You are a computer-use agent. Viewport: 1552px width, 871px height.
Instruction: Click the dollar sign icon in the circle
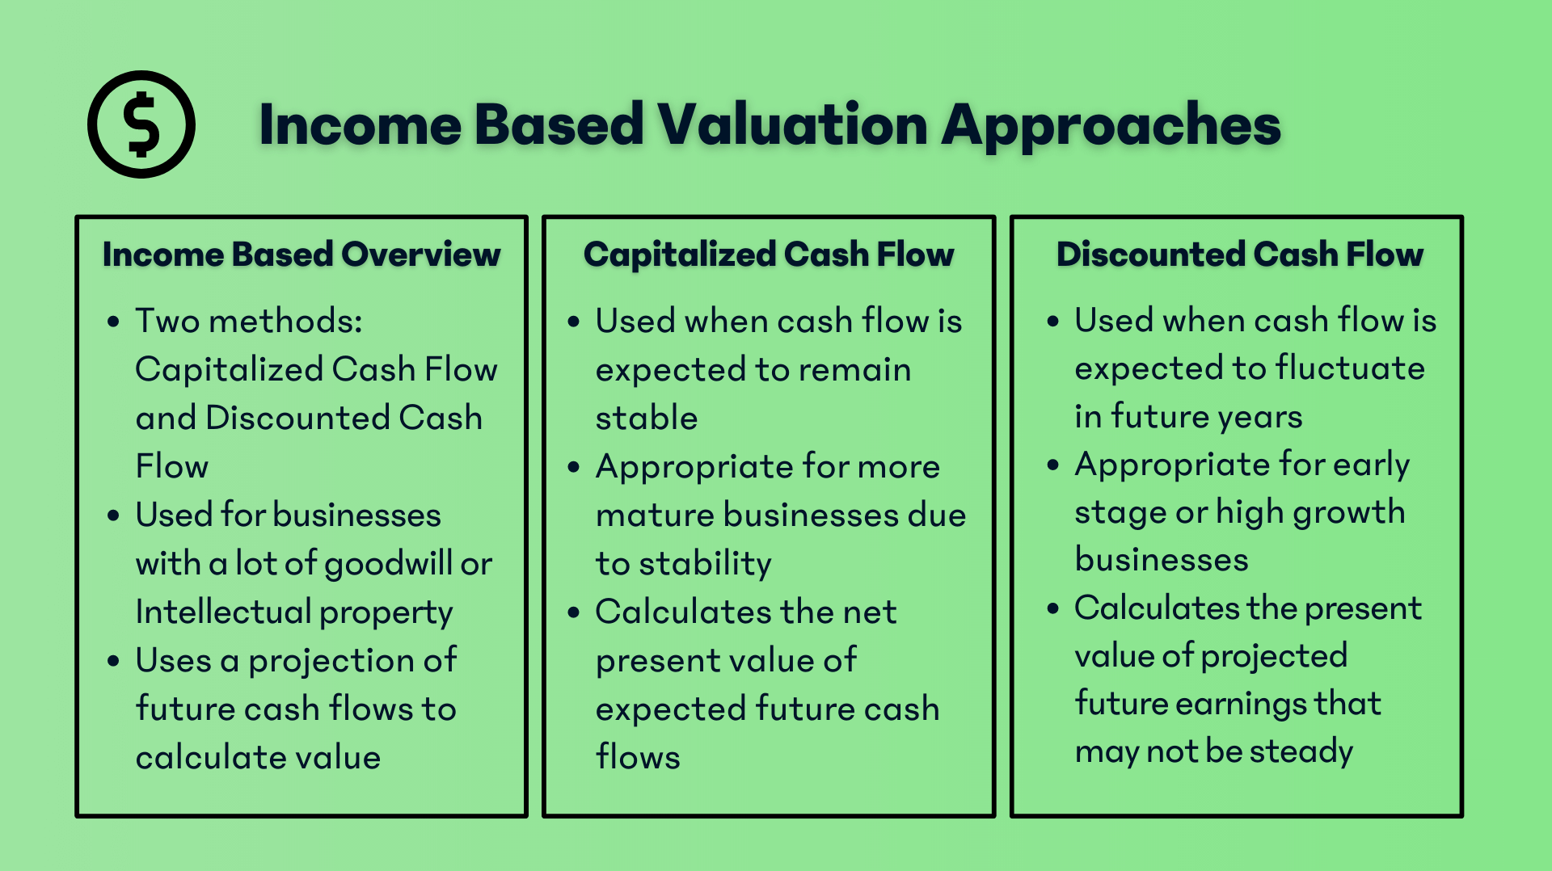point(141,124)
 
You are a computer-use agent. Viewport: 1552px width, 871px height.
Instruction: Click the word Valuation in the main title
point(792,125)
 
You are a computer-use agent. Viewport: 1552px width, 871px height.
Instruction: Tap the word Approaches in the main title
point(1111,127)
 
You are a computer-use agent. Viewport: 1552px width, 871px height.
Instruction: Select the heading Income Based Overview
point(302,255)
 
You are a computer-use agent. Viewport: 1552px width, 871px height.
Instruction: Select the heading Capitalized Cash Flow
point(769,255)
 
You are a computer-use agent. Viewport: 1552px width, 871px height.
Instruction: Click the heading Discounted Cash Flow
point(1239,255)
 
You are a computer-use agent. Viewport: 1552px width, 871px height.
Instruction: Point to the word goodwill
point(387,564)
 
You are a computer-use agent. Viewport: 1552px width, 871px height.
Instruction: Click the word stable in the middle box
point(647,419)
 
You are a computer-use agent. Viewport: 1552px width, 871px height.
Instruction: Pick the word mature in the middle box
point(654,515)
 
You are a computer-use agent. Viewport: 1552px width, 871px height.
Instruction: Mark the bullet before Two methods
point(113,322)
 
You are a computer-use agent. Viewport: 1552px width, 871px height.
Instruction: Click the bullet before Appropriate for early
point(1052,465)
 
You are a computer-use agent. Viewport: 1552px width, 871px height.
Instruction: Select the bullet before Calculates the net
point(574,612)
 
